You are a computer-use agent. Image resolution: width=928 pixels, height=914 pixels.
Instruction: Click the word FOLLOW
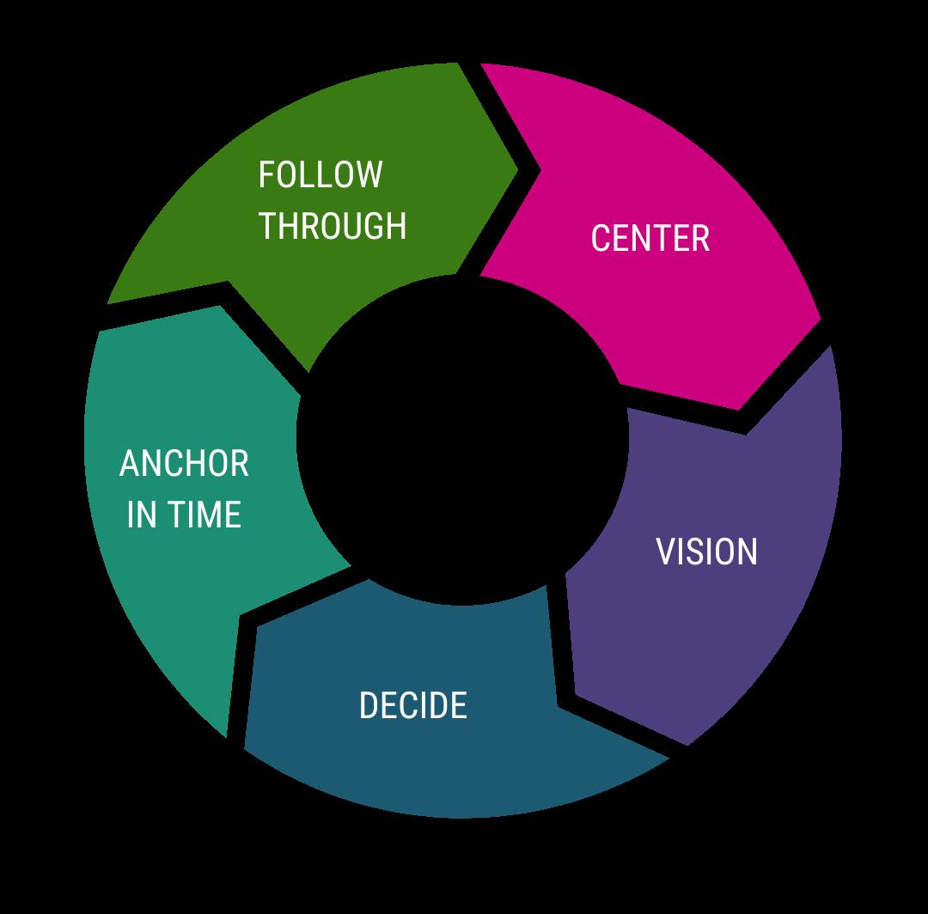tap(320, 174)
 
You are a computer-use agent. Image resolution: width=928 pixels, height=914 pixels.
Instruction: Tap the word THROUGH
tap(333, 226)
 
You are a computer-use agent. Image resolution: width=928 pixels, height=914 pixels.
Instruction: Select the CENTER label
tap(650, 238)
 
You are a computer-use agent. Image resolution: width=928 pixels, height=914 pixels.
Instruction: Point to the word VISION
tap(706, 551)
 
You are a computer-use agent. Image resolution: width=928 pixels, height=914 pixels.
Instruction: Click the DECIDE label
tap(412, 705)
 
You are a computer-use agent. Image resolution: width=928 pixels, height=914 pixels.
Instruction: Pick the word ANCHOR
tap(184, 464)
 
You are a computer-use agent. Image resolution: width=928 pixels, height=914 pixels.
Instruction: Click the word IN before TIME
tap(141, 515)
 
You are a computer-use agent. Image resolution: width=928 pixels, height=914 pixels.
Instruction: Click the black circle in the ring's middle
tap(463, 438)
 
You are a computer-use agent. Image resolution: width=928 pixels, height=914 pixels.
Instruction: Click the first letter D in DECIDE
tap(368, 705)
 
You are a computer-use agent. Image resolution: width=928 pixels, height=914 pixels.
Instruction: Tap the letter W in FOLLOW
tap(369, 174)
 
